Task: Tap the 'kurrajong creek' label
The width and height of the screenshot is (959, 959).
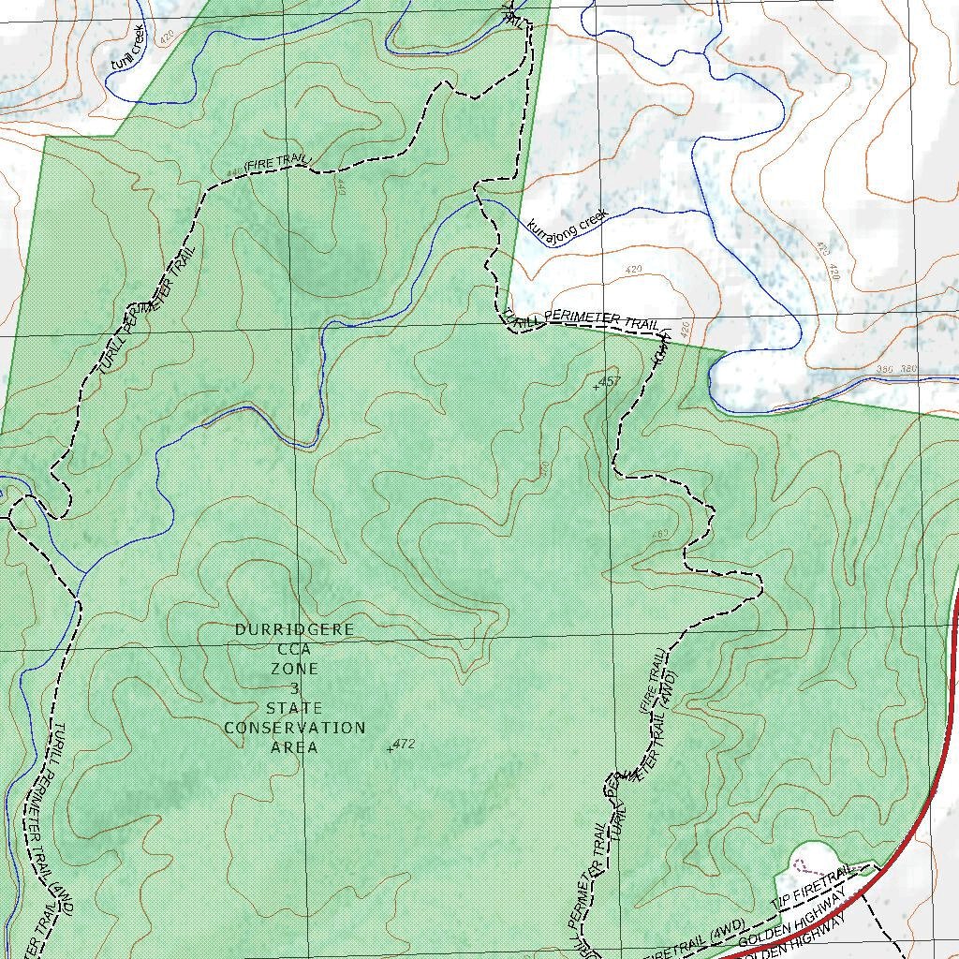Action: click(568, 222)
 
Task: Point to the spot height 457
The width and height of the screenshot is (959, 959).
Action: click(609, 381)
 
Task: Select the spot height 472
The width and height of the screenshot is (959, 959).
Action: click(403, 744)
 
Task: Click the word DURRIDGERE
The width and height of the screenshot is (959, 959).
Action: click(294, 629)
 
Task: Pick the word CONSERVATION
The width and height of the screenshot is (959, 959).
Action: click(294, 728)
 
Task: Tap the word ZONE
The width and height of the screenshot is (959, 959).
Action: click(294, 669)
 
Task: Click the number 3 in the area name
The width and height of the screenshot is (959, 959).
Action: click(294, 688)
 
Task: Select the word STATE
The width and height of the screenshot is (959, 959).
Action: click(294, 708)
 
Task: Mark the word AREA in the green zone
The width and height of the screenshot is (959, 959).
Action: click(294, 747)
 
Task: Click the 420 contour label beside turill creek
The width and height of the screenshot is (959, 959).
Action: click(167, 38)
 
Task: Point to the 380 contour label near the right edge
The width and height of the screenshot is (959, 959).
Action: click(907, 369)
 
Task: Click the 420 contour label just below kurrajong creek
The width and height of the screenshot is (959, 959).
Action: click(633, 270)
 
